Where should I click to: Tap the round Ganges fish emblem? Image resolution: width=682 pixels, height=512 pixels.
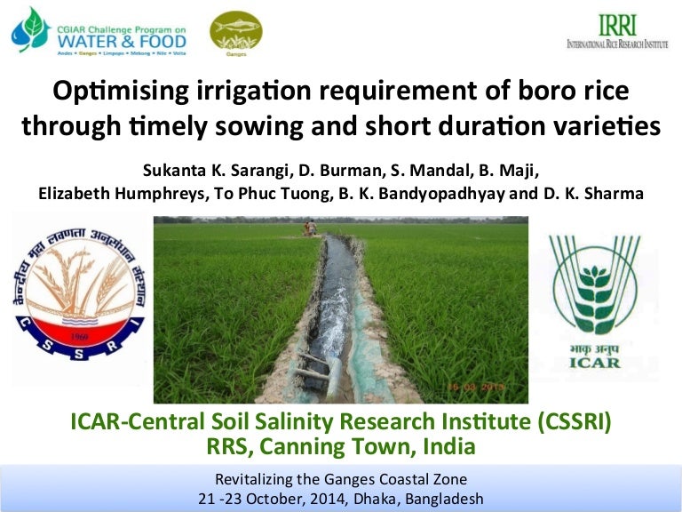tap(235, 31)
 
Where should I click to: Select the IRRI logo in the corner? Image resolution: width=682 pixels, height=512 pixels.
tap(617, 31)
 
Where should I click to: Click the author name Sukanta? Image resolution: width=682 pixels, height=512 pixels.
tap(171, 169)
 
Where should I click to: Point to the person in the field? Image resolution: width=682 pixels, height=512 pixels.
tap(310, 228)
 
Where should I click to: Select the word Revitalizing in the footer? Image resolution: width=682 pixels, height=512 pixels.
tap(258, 478)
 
